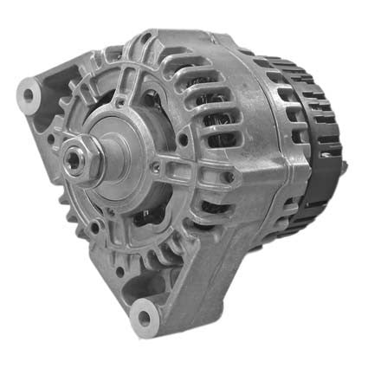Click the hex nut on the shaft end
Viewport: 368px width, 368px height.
click(77, 158)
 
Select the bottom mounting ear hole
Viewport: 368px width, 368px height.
click(141, 317)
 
